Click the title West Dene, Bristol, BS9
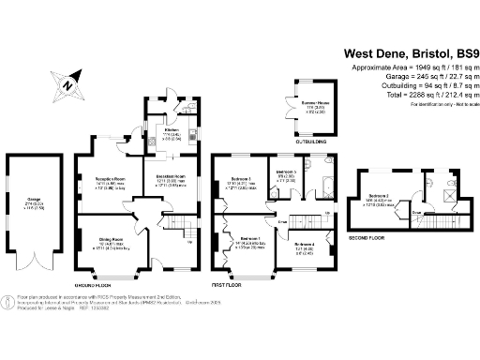pos(408,53)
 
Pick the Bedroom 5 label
pos(288,173)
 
